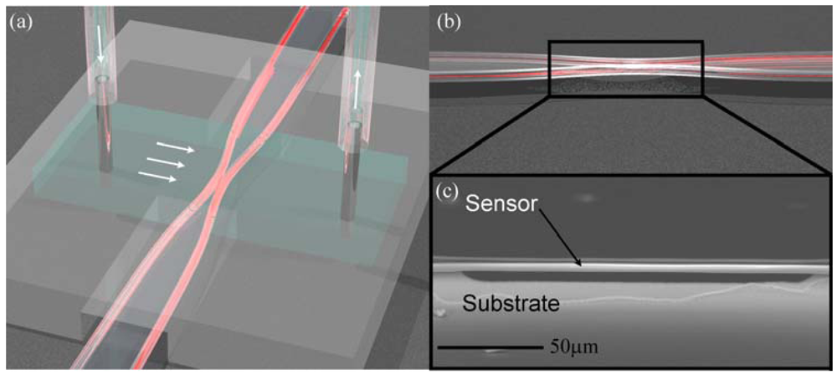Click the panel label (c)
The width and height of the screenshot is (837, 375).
coord(449,192)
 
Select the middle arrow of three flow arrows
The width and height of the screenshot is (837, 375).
coord(166,162)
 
